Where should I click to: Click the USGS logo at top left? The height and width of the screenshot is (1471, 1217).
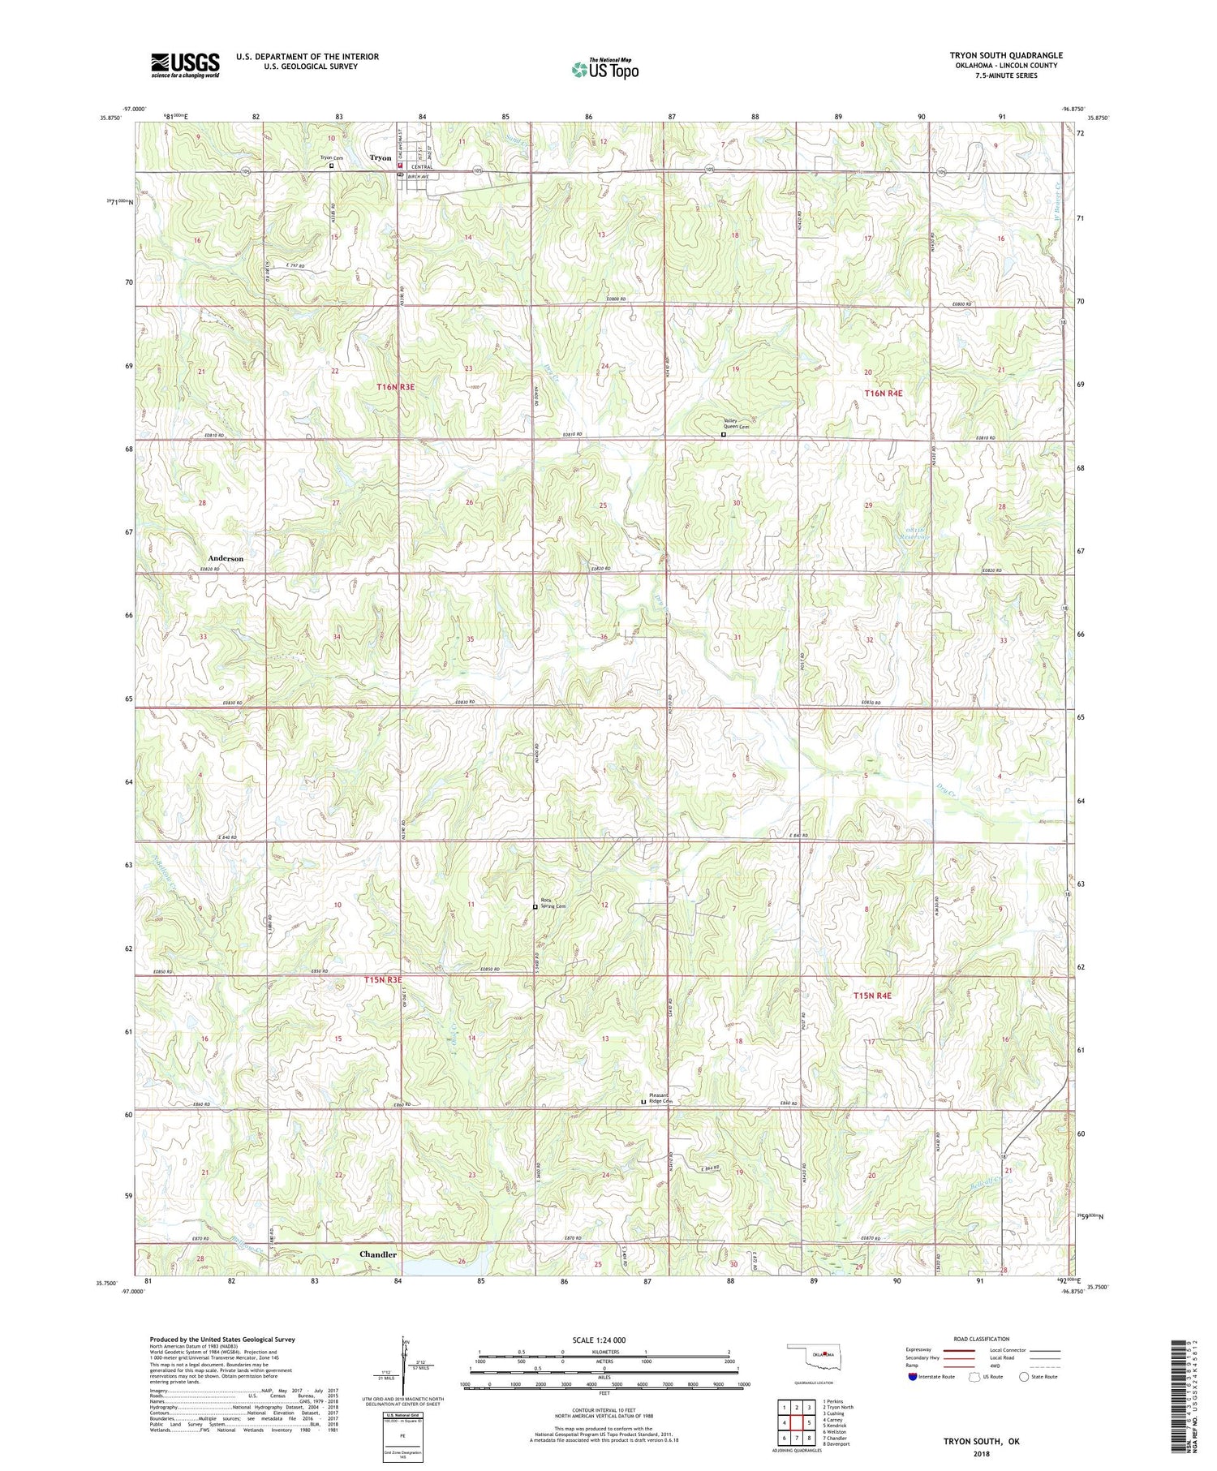click(x=185, y=65)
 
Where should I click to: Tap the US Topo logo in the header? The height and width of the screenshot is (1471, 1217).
click(x=604, y=69)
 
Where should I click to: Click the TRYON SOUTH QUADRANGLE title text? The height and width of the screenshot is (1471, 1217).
click(x=1005, y=55)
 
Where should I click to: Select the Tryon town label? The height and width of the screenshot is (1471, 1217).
click(x=381, y=158)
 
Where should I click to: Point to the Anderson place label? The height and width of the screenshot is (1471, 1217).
click(x=226, y=558)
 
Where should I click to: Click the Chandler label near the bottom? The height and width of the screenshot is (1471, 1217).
click(x=378, y=1254)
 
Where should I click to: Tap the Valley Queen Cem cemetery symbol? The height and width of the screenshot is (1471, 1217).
click(x=723, y=435)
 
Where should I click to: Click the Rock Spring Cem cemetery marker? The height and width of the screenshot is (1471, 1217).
click(x=535, y=907)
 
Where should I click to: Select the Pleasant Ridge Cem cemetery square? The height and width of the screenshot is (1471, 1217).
click(x=643, y=1102)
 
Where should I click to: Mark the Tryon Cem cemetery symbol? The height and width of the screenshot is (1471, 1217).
click(x=331, y=165)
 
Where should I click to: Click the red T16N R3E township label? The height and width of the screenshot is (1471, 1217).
click(x=395, y=388)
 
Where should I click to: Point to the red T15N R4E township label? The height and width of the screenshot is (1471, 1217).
click(x=871, y=996)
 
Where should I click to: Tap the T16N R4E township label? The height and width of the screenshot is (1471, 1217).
click(x=883, y=393)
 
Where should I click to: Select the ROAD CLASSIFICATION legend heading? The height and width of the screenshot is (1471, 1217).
click(x=982, y=1339)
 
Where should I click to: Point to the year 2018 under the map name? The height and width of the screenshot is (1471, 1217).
click(x=980, y=1448)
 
